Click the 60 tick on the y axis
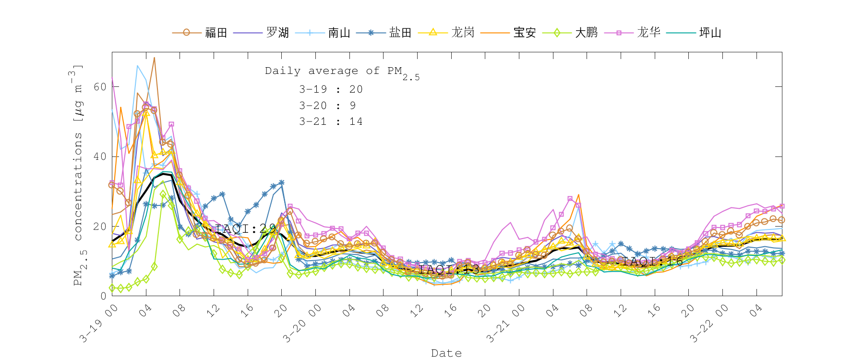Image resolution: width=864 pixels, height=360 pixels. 100,87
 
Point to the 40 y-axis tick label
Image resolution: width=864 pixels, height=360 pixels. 100,157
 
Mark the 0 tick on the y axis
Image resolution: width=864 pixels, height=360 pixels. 103,296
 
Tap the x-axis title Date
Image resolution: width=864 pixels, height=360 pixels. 446,353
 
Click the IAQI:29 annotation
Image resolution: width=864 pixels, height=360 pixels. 245,229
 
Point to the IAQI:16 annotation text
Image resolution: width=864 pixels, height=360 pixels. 652,262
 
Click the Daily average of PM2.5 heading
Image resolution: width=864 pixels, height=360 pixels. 342,72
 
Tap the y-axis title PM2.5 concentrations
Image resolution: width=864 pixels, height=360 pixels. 78,175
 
